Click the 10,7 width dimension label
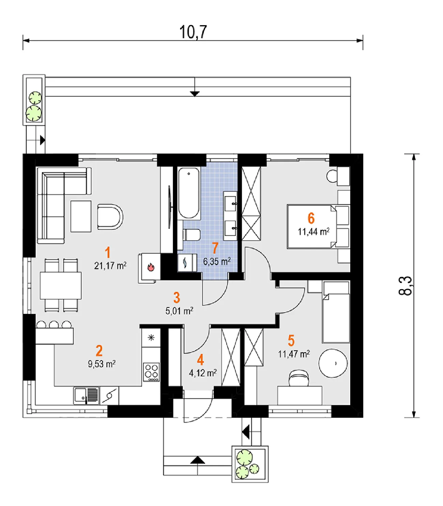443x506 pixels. tap(193, 32)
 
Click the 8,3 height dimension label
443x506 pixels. tap(406, 286)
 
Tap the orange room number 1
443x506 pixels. tap(107, 252)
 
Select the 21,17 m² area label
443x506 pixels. tap(110, 266)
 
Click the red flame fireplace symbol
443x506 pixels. tap(151, 267)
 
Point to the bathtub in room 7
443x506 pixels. tap(189, 193)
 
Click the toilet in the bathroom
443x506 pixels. tap(192, 235)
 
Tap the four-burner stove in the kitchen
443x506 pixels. tap(151, 372)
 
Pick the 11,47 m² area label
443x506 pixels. tap(294, 354)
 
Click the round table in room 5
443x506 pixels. tap(333, 363)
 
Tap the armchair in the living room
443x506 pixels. tap(110, 217)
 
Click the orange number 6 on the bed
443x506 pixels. tap(311, 218)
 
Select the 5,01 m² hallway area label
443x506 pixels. tap(179, 311)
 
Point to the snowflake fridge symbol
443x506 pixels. tap(151, 337)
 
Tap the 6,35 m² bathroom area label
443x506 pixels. tap(217, 261)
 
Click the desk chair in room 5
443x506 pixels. tap(299, 378)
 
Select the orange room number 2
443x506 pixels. tap(99, 351)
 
